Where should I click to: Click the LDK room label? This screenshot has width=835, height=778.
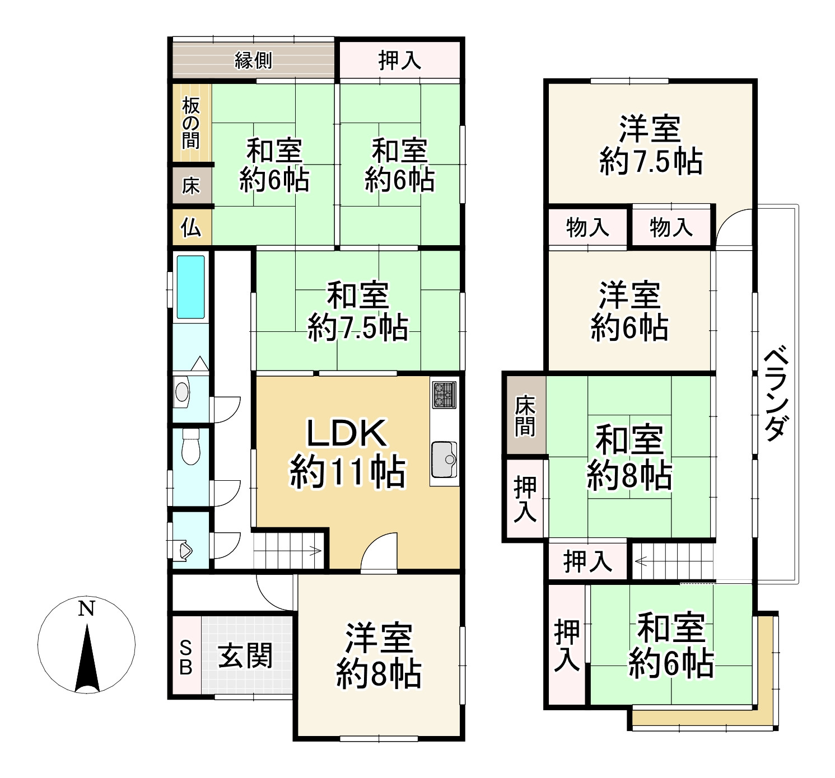click(347, 452)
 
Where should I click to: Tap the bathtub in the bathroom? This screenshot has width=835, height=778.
click(190, 287)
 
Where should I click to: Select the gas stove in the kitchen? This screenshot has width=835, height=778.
click(444, 395)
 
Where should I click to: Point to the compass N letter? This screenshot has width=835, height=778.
click(86, 609)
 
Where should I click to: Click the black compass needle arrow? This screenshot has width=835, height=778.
click(87, 660)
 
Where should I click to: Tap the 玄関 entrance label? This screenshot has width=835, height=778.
click(245, 655)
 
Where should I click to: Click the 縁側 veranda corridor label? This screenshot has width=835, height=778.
click(253, 60)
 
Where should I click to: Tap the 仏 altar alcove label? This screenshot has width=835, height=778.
click(191, 227)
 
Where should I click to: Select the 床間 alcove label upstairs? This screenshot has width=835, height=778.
click(525, 415)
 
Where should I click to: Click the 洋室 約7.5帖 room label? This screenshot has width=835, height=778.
click(650, 146)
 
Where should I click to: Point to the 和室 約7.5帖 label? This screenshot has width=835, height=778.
click(358, 312)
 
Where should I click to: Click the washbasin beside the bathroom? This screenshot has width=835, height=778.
click(182, 392)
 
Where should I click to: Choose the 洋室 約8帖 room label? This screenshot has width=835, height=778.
click(379, 655)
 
